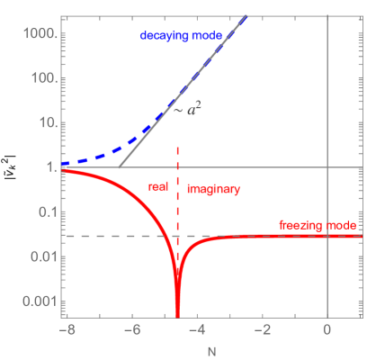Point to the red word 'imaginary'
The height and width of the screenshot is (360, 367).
click(x=214, y=190)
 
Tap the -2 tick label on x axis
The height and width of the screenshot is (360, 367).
click(x=269, y=329)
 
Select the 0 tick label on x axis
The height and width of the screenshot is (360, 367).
click(x=326, y=329)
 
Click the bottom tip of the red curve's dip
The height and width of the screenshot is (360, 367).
click(x=177, y=313)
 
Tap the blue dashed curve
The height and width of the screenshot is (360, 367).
click(x=108, y=150)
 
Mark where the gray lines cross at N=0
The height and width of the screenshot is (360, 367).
click(x=326, y=167)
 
